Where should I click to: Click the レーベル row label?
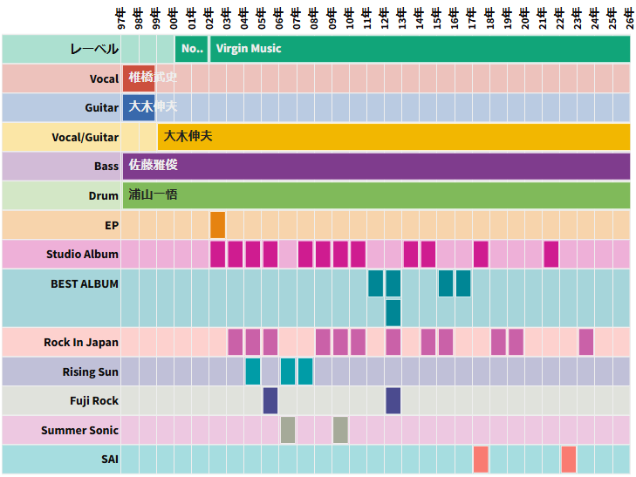tap(94, 49)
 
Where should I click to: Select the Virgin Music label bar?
tap(419, 49)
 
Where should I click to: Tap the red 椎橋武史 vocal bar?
tap(139, 78)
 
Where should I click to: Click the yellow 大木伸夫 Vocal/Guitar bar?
tap(393, 137)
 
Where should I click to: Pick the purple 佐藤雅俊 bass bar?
tap(376, 166)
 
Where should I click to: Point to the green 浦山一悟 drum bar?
tap(376, 195)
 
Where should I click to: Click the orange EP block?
tap(218, 225)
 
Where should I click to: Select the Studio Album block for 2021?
tap(551, 254)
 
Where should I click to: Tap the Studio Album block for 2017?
tap(481, 254)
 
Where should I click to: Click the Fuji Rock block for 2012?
tap(393, 400)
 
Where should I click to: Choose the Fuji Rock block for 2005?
tap(270, 400)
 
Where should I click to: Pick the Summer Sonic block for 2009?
tap(340, 430)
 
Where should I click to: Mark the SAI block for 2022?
tap(569, 459)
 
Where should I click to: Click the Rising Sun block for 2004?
tap(253, 371)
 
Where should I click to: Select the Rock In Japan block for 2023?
tap(586, 342)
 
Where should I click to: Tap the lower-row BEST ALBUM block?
tap(393, 312)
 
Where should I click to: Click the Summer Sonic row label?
tap(79, 430)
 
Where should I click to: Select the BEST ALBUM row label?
tap(84, 283)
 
